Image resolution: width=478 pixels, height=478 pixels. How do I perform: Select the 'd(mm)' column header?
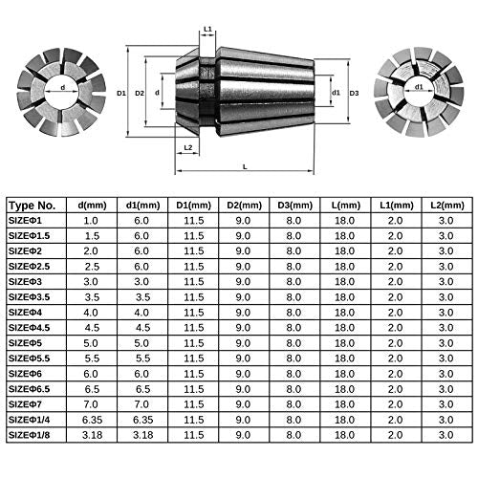(x=92, y=205)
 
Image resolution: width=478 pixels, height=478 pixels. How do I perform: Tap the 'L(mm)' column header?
(x=345, y=205)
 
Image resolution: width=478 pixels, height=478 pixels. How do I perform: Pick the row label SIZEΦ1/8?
(x=33, y=436)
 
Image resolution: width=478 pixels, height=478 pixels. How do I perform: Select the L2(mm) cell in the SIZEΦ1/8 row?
(x=443, y=436)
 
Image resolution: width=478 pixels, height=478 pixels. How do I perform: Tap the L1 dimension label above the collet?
(x=208, y=30)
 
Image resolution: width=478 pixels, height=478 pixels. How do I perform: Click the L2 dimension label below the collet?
(x=188, y=146)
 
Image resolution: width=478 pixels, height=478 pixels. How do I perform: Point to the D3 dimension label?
(x=354, y=93)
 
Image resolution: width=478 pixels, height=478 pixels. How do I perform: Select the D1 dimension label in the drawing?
(x=121, y=94)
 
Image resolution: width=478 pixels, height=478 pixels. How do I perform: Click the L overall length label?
(x=247, y=165)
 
